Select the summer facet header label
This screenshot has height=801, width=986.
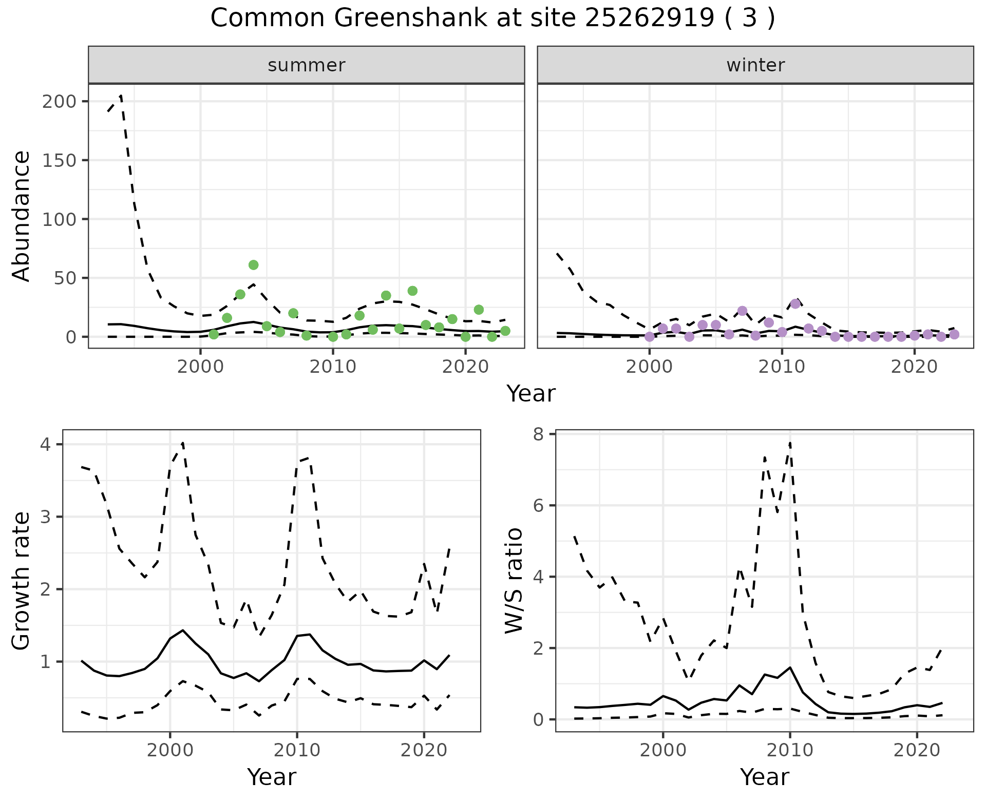click(307, 65)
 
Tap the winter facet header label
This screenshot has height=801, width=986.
click(755, 65)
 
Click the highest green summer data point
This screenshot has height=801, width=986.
click(253, 265)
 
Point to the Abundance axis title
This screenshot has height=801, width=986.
click(22, 216)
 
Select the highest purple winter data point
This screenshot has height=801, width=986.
click(795, 304)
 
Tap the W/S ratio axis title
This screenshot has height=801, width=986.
click(514, 581)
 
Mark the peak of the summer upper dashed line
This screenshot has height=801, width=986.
click(121, 96)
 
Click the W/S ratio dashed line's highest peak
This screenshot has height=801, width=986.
click(790, 442)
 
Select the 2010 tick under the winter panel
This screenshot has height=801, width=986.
click(782, 367)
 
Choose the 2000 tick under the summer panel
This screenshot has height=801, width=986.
click(200, 367)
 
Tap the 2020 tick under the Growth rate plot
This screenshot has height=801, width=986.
click(424, 750)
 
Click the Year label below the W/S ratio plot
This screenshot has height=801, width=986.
click(764, 777)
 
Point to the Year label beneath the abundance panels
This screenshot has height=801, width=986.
click(531, 394)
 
